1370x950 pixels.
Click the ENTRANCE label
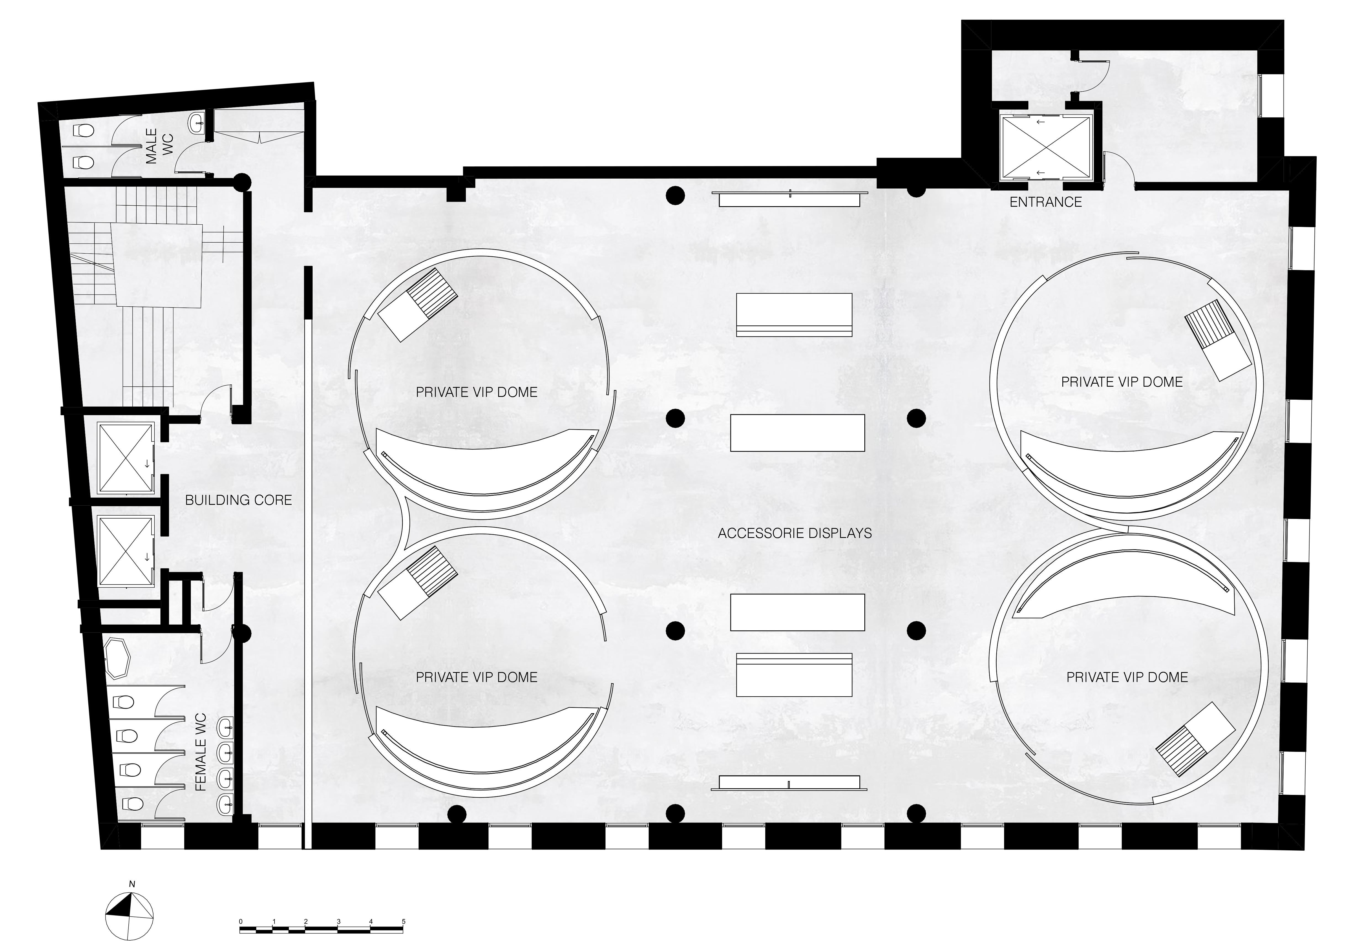click(1046, 202)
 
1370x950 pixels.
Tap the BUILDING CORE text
click(238, 500)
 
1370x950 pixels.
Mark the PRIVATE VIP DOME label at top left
click(476, 392)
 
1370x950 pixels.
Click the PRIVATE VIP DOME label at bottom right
click(1127, 677)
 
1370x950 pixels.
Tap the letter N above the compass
click(132, 884)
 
